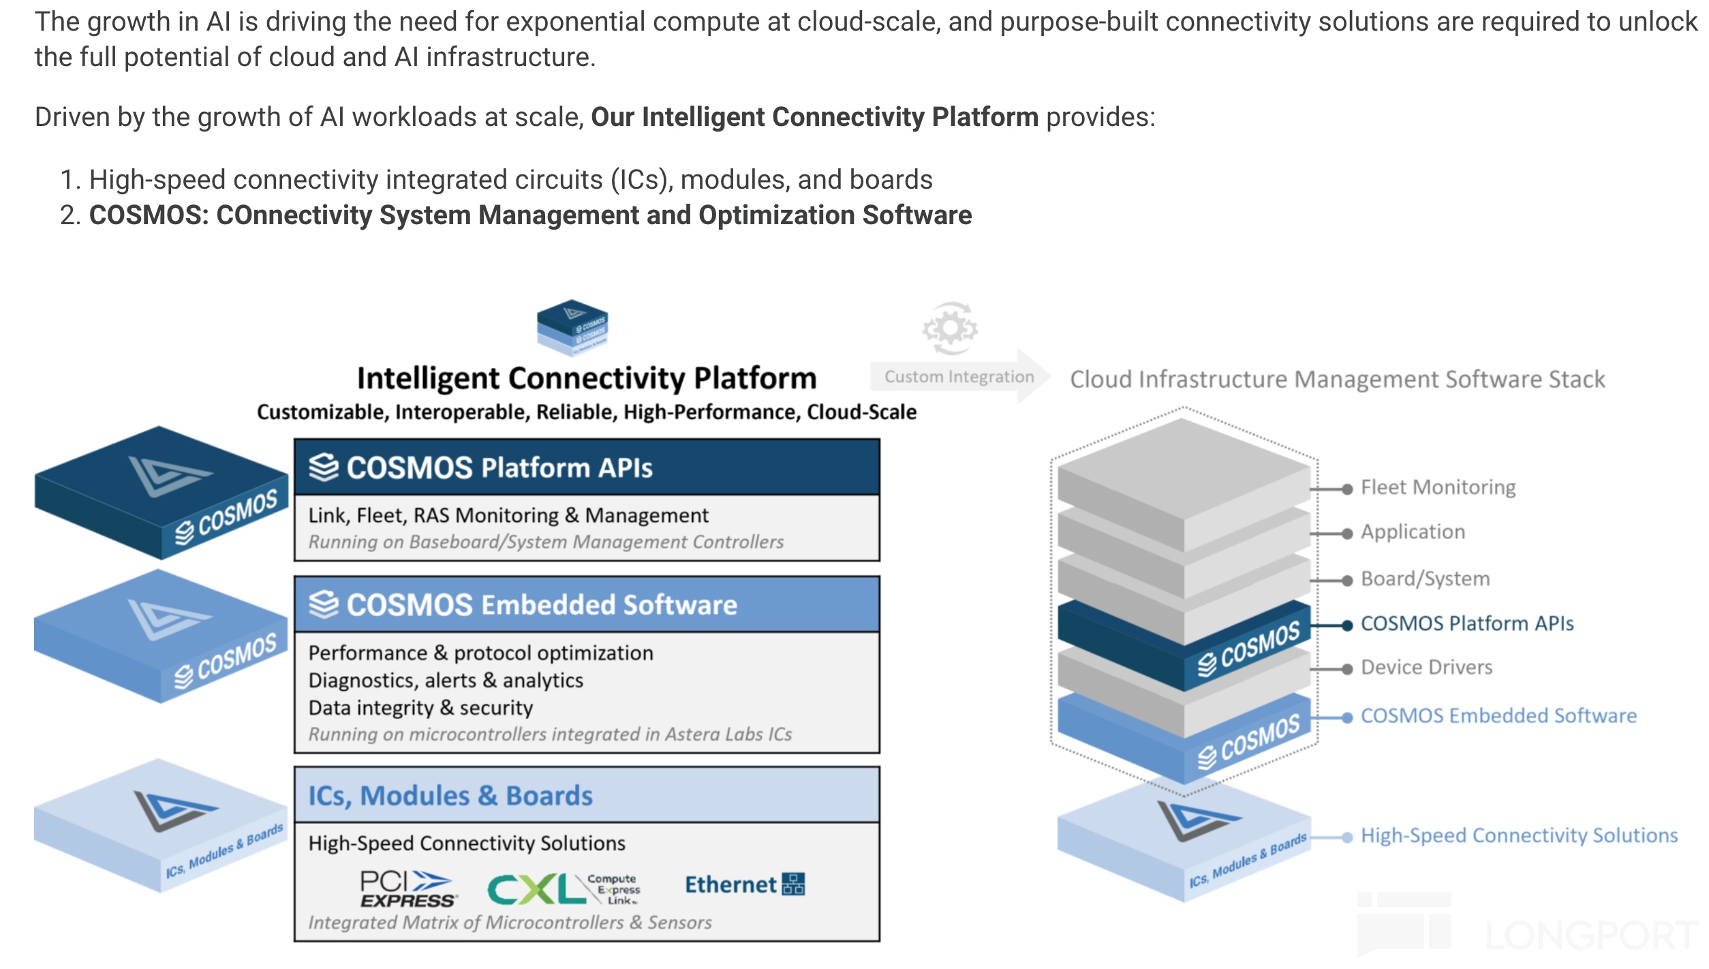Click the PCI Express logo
(x=408, y=889)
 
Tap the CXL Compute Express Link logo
(x=564, y=889)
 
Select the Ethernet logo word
(x=730, y=885)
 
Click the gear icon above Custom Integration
(x=950, y=328)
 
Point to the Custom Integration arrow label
(x=959, y=377)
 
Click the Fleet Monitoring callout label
(x=1438, y=487)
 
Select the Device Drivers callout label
(x=1426, y=667)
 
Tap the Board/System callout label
(x=1425, y=579)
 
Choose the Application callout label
(x=1413, y=532)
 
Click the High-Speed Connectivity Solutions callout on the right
(x=1519, y=835)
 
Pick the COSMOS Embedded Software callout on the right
(x=1498, y=716)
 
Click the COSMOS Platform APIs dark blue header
(x=587, y=467)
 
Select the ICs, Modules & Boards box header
(x=587, y=795)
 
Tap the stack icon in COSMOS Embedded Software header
(x=324, y=604)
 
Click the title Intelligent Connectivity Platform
(x=587, y=379)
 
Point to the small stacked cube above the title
(x=572, y=327)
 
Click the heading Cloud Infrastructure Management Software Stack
(x=1337, y=380)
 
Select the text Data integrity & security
(x=420, y=708)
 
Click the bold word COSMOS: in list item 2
(x=149, y=215)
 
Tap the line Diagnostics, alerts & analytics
(x=446, y=681)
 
